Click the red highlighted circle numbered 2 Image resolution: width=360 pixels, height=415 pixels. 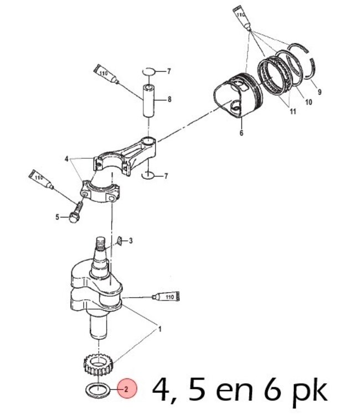point(126,389)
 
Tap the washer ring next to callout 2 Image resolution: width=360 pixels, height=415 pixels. point(96,389)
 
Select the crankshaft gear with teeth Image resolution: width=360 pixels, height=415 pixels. point(95,365)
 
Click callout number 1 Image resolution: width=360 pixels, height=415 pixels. point(160,329)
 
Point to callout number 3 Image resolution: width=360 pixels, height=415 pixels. point(131,241)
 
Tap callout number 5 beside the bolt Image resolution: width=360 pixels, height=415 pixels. point(57,217)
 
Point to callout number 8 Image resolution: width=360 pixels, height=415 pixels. point(169,100)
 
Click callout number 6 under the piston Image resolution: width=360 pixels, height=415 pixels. point(241,133)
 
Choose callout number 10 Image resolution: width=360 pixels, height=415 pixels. point(308,102)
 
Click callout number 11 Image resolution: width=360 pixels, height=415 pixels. point(292,112)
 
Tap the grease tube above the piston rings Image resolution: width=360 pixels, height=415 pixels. point(242,17)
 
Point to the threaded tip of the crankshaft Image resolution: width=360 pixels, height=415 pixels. point(101,244)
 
